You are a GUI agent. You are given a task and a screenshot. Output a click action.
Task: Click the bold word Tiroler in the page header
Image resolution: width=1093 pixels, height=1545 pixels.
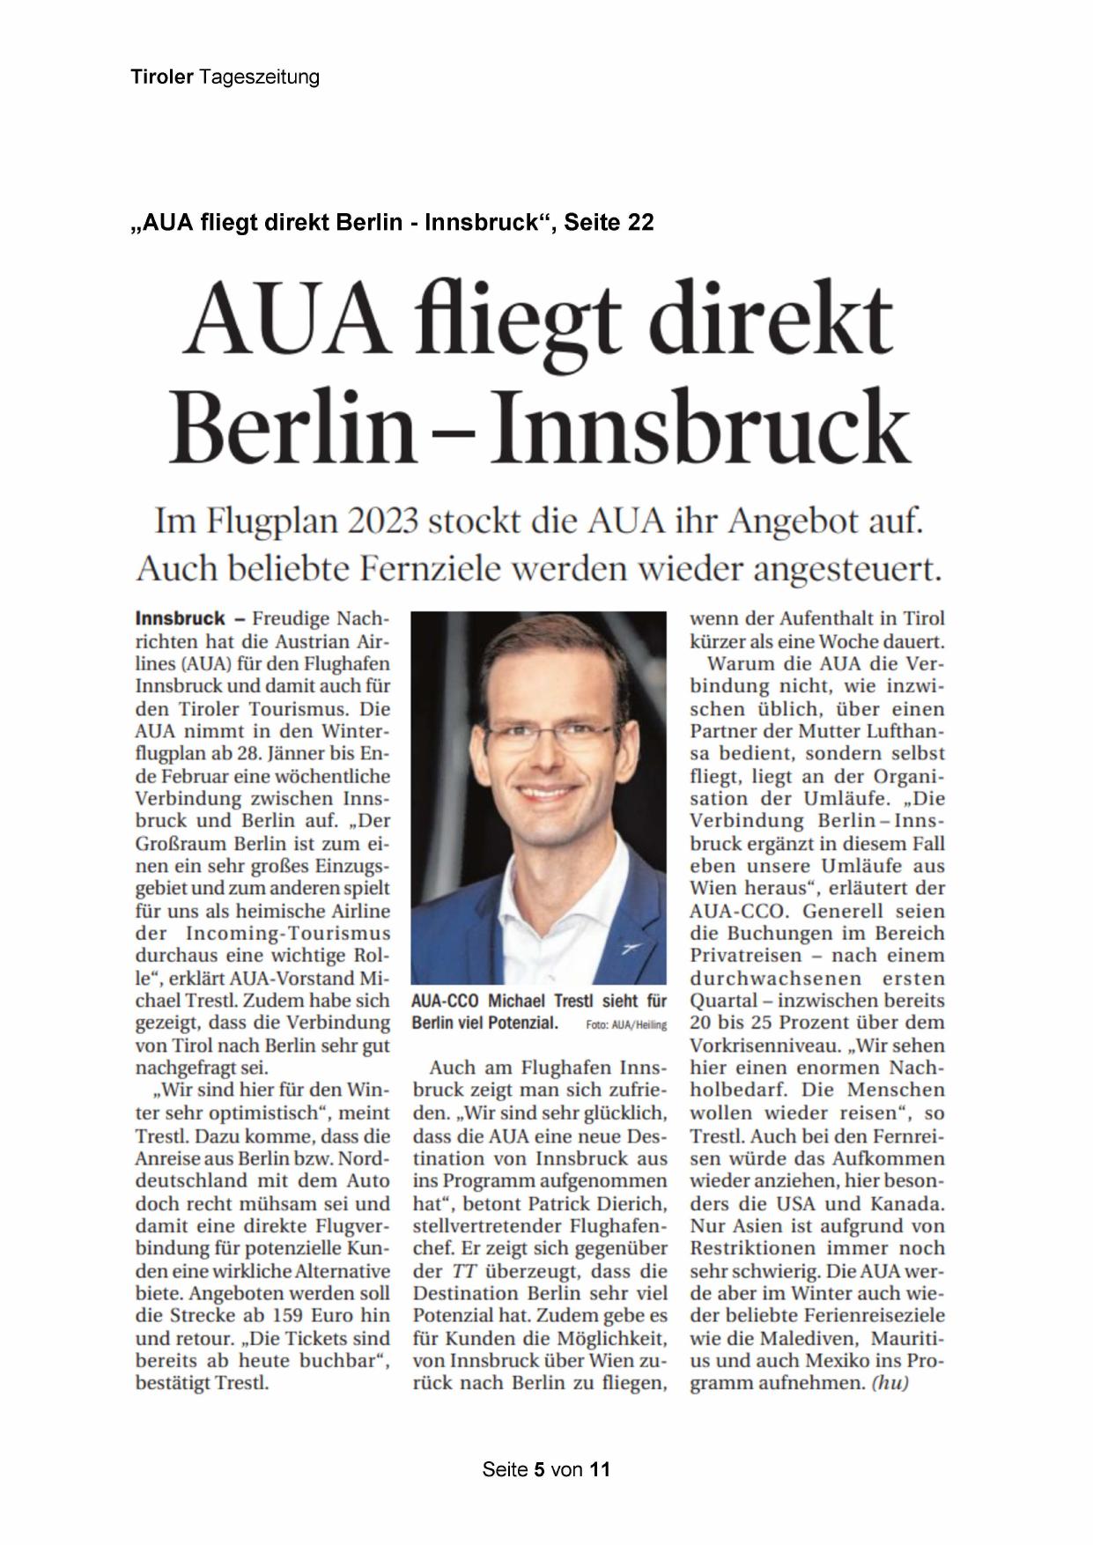162,78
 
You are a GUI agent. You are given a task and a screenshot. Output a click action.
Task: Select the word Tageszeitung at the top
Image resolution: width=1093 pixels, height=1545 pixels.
259,78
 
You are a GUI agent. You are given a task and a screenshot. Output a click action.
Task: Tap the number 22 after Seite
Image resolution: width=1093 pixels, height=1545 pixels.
640,223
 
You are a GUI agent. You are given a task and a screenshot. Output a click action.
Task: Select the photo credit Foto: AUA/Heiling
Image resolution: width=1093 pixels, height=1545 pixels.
626,1024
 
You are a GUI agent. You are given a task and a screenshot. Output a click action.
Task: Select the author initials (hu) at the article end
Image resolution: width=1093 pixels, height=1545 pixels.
890,1383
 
